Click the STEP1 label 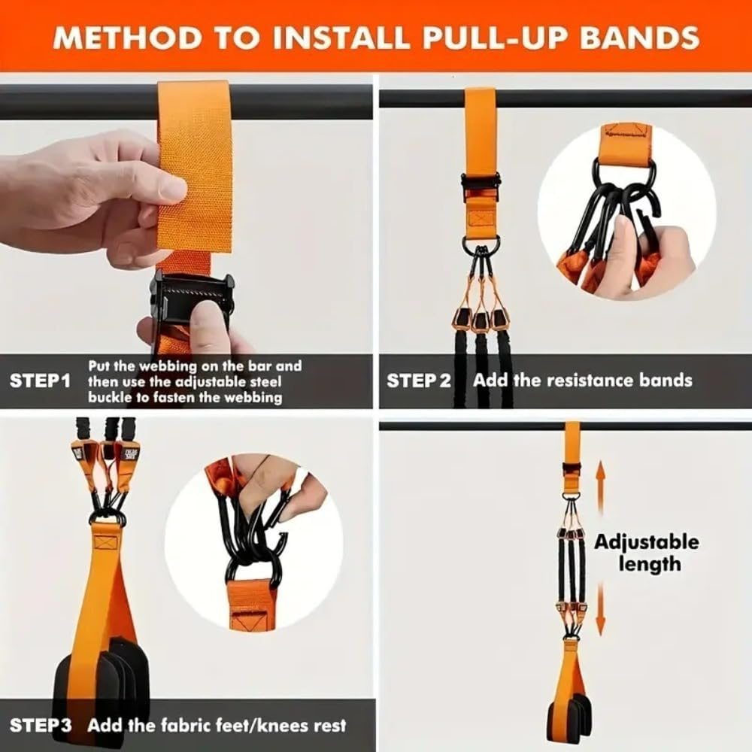click(x=40, y=381)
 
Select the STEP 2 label click(x=419, y=381)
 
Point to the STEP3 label click(x=41, y=726)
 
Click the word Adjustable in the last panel click(x=647, y=542)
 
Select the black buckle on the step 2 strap click(x=481, y=184)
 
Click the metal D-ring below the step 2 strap click(x=481, y=245)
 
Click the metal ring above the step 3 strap click(x=108, y=517)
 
